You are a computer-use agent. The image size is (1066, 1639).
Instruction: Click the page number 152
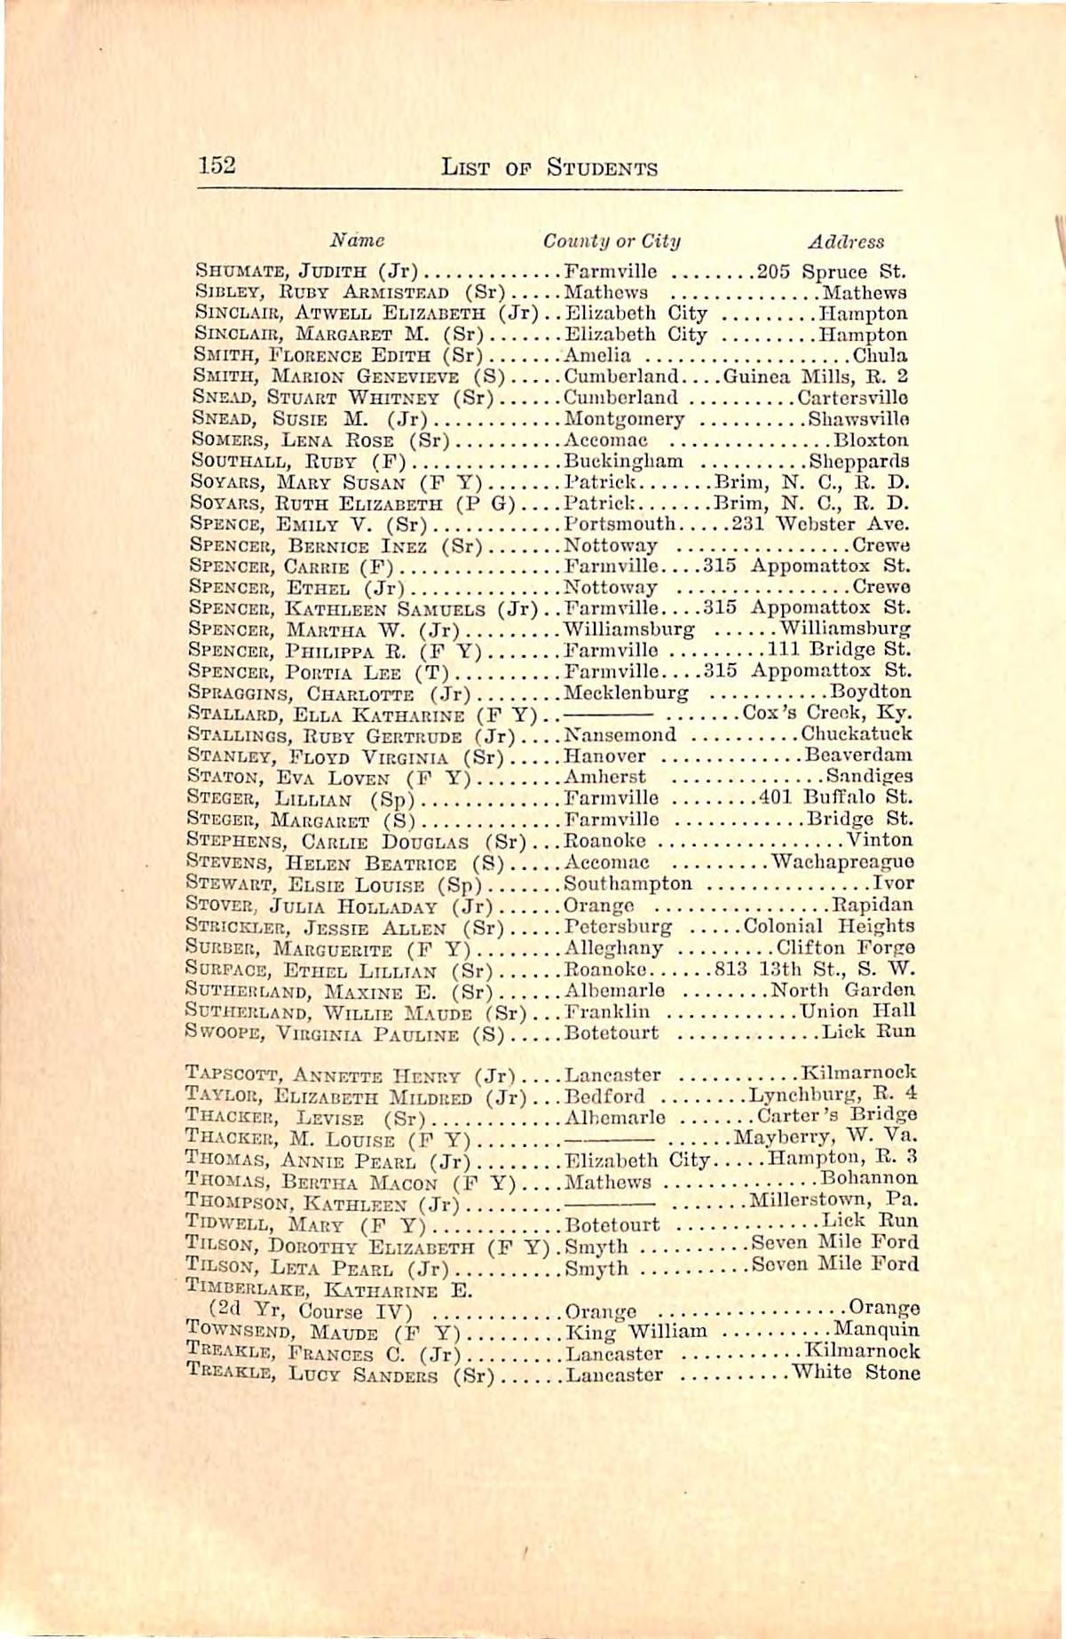click(x=217, y=165)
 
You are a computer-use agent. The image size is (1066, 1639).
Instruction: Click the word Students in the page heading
click(x=601, y=167)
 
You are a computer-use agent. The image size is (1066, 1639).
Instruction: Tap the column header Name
click(x=357, y=240)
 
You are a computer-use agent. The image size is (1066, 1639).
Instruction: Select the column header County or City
click(x=612, y=241)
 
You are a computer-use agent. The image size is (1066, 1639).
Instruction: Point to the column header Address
click(x=845, y=241)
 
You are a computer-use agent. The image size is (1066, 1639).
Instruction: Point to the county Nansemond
click(x=620, y=734)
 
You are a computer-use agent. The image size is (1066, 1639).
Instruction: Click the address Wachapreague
click(x=843, y=861)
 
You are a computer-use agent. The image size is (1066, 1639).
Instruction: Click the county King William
click(x=636, y=1331)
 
